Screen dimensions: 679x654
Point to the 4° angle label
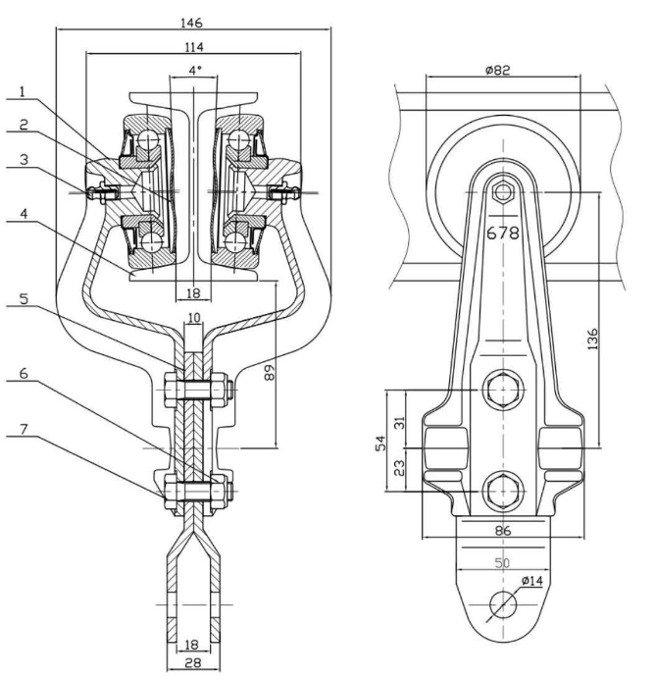click(x=194, y=71)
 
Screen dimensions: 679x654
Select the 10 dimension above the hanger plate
click(x=194, y=317)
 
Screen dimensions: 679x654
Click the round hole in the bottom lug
click(x=501, y=602)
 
